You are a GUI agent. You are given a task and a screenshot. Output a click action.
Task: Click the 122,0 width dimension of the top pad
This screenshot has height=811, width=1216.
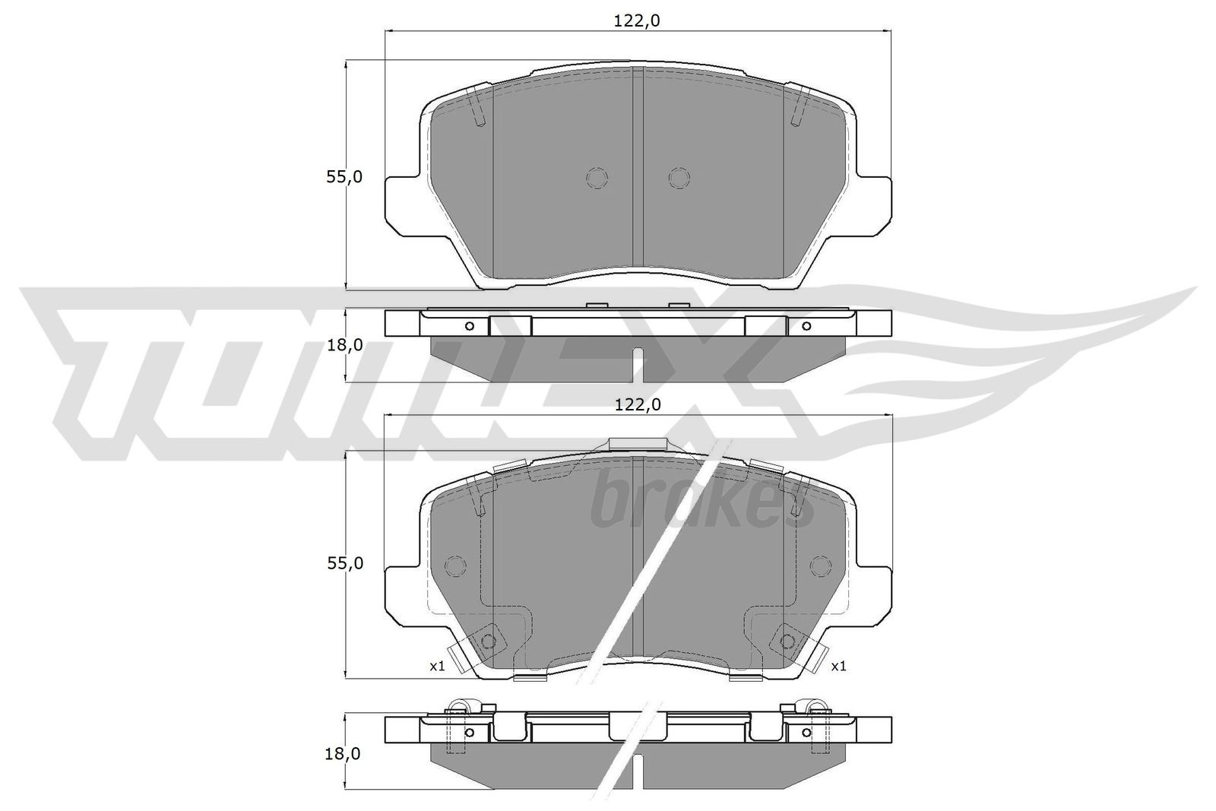(636, 21)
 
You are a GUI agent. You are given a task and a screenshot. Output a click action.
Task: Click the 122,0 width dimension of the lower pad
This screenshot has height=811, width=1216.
(636, 405)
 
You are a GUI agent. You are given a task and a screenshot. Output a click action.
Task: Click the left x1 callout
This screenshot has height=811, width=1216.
(436, 666)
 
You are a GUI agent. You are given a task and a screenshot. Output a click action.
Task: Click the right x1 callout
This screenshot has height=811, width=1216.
(838, 666)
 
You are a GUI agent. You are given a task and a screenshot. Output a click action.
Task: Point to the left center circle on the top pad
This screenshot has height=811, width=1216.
(597, 178)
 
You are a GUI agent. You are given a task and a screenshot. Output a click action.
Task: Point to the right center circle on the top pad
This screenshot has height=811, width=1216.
(679, 178)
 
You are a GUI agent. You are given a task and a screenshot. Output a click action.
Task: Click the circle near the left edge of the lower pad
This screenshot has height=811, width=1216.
(454, 566)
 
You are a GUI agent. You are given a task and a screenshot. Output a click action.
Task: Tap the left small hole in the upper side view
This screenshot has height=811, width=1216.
(469, 326)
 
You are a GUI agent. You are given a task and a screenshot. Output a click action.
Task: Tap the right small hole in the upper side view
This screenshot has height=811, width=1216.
(806, 326)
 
